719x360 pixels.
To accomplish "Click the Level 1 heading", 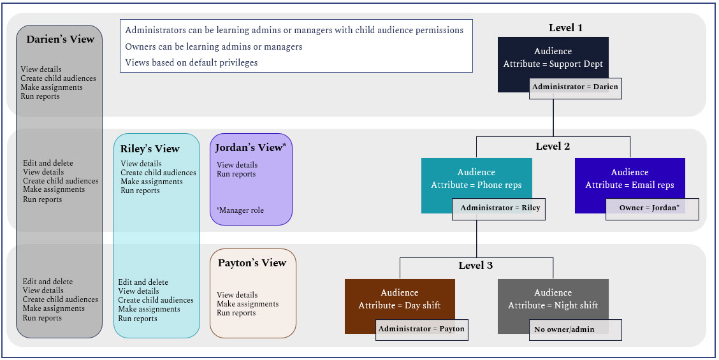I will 565,28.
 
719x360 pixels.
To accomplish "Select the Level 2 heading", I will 553,146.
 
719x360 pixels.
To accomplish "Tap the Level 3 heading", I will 476,265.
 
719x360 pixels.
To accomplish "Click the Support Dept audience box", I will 553,57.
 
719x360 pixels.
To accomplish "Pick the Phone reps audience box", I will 476,179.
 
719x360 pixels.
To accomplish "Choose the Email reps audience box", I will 630,179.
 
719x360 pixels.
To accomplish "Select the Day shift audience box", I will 400,299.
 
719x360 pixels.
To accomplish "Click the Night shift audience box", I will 553,299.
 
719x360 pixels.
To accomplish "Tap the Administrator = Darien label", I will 575,87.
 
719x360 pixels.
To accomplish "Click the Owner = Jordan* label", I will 651,208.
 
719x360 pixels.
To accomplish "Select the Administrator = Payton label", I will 421,329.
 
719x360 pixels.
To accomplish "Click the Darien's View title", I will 60,40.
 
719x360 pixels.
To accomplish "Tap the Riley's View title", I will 150,148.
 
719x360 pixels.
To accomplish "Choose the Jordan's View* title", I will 251,148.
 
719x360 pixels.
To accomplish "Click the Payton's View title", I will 252,263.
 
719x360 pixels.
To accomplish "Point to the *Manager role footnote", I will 240,210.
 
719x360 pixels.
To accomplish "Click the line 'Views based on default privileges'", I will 191,62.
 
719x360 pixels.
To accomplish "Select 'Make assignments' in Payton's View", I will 247,304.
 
